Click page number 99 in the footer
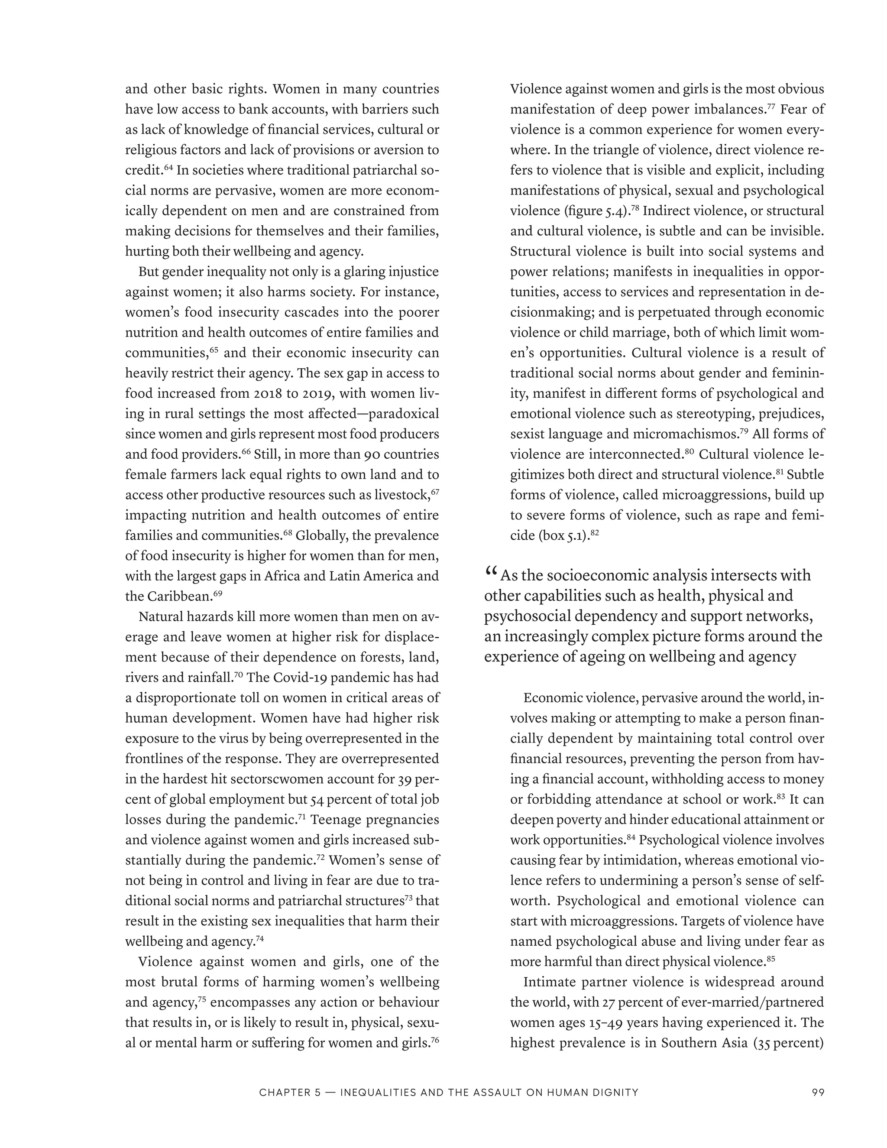click(818, 1092)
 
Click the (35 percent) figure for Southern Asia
click(788, 1043)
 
